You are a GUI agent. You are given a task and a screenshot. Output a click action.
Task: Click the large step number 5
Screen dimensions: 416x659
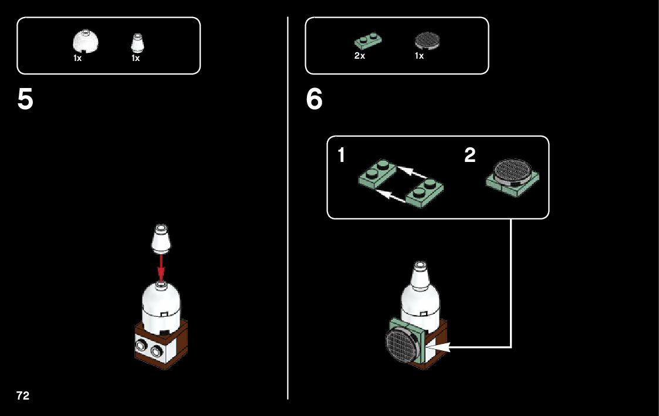click(25, 100)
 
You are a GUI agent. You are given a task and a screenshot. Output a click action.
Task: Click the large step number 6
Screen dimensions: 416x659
click(314, 100)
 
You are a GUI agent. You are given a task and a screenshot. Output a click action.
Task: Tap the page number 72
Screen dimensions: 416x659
click(23, 395)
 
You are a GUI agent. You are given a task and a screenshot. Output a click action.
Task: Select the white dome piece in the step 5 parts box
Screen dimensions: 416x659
click(85, 43)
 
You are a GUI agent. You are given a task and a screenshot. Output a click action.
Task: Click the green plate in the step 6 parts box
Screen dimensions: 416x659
click(367, 42)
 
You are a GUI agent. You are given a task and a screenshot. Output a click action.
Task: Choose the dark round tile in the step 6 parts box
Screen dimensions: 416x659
click(427, 40)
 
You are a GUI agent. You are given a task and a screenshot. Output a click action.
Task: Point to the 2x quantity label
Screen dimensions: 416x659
click(360, 56)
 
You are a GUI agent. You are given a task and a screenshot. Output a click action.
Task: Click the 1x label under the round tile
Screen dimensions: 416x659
click(419, 56)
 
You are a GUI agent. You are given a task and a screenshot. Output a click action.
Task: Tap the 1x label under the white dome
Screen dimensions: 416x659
click(77, 58)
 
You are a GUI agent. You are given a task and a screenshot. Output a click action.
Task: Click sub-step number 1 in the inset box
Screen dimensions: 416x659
click(342, 156)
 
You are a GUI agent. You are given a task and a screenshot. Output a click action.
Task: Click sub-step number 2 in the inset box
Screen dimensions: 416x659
click(469, 156)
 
